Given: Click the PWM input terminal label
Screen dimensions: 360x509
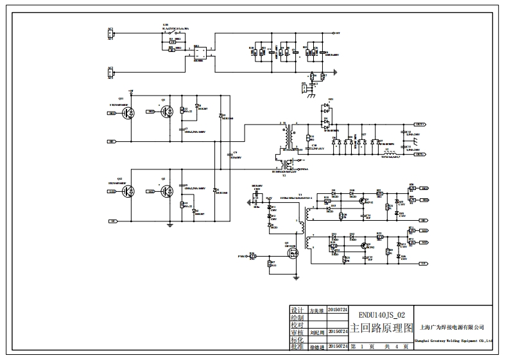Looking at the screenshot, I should tap(241, 257).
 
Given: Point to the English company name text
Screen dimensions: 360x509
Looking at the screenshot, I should tap(453, 341).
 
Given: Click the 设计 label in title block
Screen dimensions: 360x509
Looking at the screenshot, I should tap(297, 309).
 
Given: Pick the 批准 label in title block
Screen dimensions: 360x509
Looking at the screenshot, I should tap(297, 347).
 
